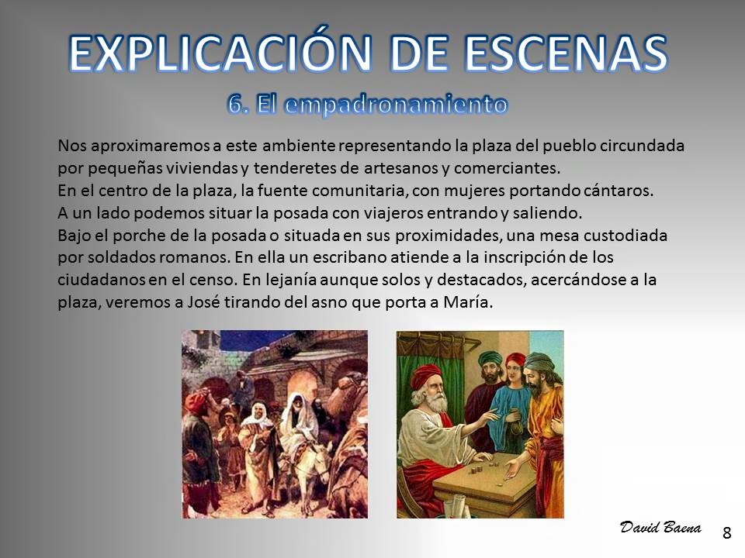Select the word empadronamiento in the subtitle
[x=395, y=105]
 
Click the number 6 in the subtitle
[x=234, y=104]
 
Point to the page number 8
[x=726, y=533]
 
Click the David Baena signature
[x=660, y=527]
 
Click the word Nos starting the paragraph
[x=72, y=145]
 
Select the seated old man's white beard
[x=435, y=403]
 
